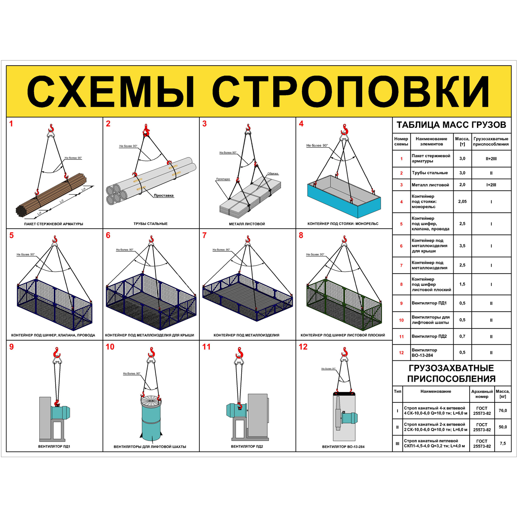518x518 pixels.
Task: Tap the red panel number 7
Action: [x=205, y=235]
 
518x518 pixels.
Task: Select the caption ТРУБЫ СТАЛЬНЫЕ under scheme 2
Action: [x=151, y=224]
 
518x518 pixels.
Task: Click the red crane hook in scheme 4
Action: [x=344, y=129]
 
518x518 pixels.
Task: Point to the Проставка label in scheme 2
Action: [x=164, y=196]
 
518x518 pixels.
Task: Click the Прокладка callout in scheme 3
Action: [x=223, y=179]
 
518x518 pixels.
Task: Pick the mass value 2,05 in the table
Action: [x=462, y=202]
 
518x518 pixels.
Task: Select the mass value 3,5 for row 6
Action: [x=462, y=246]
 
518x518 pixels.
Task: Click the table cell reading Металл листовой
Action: [x=430, y=185]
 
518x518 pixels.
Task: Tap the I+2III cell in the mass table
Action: [x=491, y=185]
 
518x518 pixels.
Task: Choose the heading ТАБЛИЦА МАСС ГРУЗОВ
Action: [x=451, y=125]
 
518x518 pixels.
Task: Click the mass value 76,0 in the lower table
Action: [x=502, y=411]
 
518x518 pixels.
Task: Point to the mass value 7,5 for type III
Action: [x=502, y=443]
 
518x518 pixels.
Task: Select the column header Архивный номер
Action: [x=482, y=394]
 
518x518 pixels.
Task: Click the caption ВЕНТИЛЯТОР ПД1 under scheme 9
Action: [x=54, y=446]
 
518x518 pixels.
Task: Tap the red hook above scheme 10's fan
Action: [x=151, y=351]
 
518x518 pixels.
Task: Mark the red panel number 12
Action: [x=303, y=347]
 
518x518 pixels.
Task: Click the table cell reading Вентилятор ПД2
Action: [x=429, y=336]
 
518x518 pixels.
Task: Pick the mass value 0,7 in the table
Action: [x=462, y=336]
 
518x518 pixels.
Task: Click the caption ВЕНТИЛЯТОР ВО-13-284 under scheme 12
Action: [x=343, y=447]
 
